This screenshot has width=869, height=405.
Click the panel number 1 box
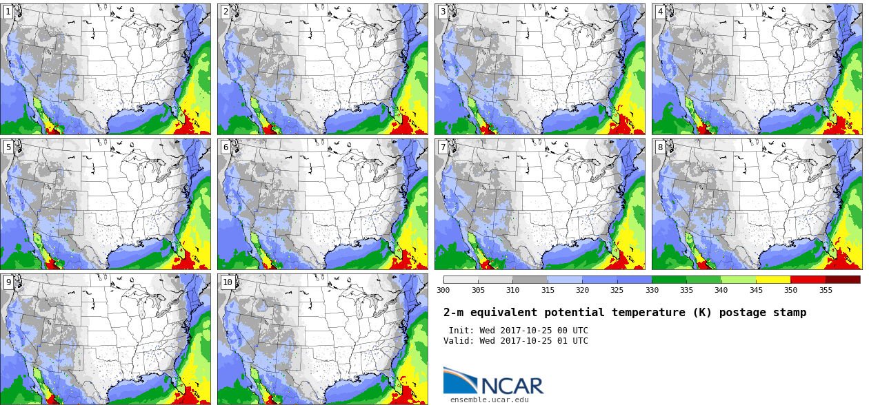coord(8,12)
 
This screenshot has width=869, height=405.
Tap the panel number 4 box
coord(660,12)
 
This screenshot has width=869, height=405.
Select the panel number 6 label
coord(226,147)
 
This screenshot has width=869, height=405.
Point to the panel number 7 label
coord(443,147)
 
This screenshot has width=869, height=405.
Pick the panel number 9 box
coord(8,282)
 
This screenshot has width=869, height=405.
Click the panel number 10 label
coord(228,282)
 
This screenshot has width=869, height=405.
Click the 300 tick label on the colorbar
coord(443,290)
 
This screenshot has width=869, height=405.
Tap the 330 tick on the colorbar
coord(652,290)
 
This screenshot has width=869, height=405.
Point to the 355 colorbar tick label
coord(826,290)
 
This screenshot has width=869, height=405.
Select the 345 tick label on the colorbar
coord(756,290)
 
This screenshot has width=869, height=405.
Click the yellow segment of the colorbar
coord(773,280)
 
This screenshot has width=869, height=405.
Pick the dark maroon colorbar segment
coord(843,280)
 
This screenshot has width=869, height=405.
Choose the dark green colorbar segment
coord(669,280)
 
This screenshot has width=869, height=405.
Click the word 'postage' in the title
coord(742,313)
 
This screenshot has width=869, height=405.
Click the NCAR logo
coord(494,381)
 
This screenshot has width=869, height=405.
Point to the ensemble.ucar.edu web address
coord(490,400)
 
